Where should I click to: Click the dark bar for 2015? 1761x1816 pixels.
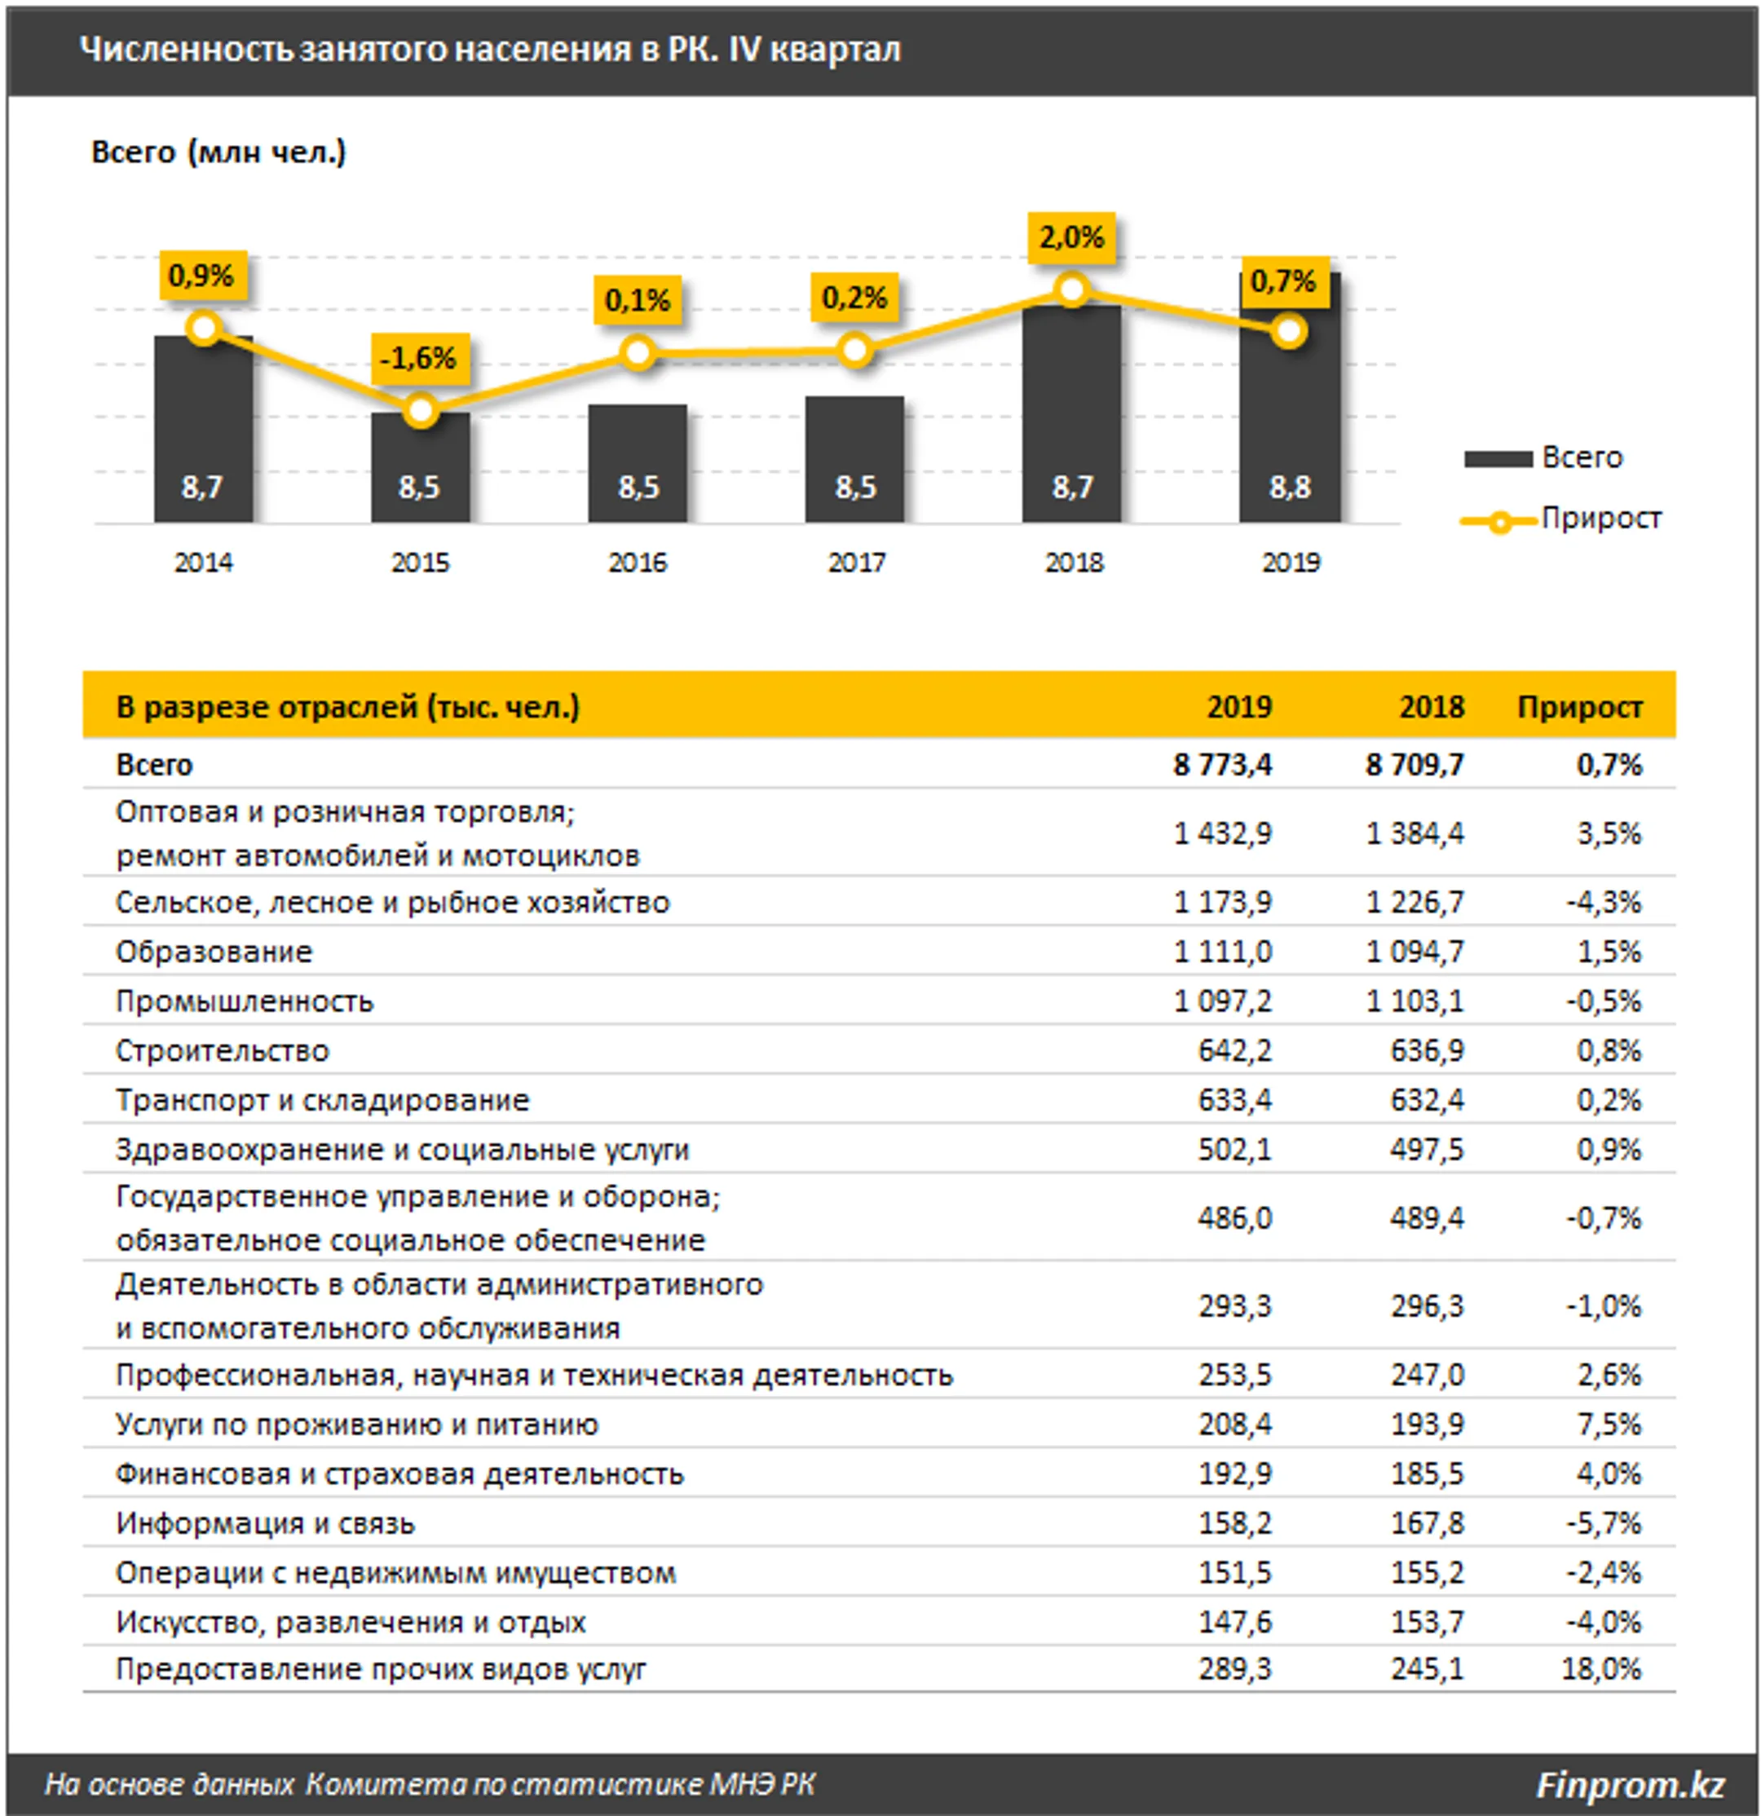pos(421,467)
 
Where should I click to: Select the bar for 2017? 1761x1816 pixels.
pos(854,460)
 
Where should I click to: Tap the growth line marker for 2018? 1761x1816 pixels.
pos(1072,290)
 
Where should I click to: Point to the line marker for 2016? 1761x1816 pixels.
pos(638,353)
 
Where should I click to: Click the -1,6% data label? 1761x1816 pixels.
pos(419,358)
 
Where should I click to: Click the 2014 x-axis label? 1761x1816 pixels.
pos(204,563)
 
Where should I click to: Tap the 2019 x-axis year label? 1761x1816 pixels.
pos(1291,563)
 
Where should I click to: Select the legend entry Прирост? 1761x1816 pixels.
pos(1561,519)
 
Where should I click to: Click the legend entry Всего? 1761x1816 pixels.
pos(1544,457)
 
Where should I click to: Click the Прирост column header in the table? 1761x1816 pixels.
pos(1579,708)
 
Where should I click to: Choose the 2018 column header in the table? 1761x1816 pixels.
pos(1431,708)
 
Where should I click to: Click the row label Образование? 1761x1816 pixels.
pos(214,952)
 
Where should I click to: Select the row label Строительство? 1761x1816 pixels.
pos(223,1050)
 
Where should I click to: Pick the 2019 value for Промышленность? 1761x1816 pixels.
pos(1223,1001)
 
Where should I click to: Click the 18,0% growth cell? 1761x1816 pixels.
pos(1602,1668)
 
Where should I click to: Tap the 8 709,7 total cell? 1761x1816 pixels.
pos(1415,766)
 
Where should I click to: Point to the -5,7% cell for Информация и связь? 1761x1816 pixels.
pos(1604,1522)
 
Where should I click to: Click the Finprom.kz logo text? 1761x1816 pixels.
pos(1631,1784)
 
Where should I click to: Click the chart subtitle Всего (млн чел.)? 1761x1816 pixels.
pos(218,152)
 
